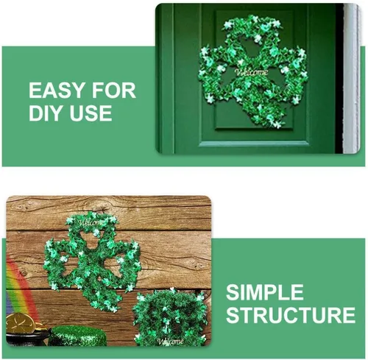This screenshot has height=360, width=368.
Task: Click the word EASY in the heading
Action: [57, 91]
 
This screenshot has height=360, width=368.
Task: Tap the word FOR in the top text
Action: [114, 91]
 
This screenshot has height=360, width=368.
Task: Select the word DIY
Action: [46, 113]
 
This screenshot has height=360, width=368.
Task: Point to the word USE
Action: [91, 113]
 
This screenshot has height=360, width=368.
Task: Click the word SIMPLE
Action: [265, 292]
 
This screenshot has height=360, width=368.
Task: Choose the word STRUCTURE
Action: [291, 314]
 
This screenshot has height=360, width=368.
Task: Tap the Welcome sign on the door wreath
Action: [251, 72]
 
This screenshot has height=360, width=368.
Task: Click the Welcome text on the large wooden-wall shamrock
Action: [92, 223]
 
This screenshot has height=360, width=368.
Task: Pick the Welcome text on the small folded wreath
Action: [170, 342]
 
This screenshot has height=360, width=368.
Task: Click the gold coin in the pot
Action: [20, 323]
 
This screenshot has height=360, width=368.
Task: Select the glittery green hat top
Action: [78, 336]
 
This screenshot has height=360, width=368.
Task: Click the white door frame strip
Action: [351, 79]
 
